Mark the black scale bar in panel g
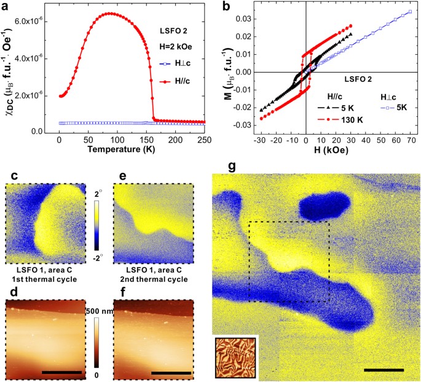383,370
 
